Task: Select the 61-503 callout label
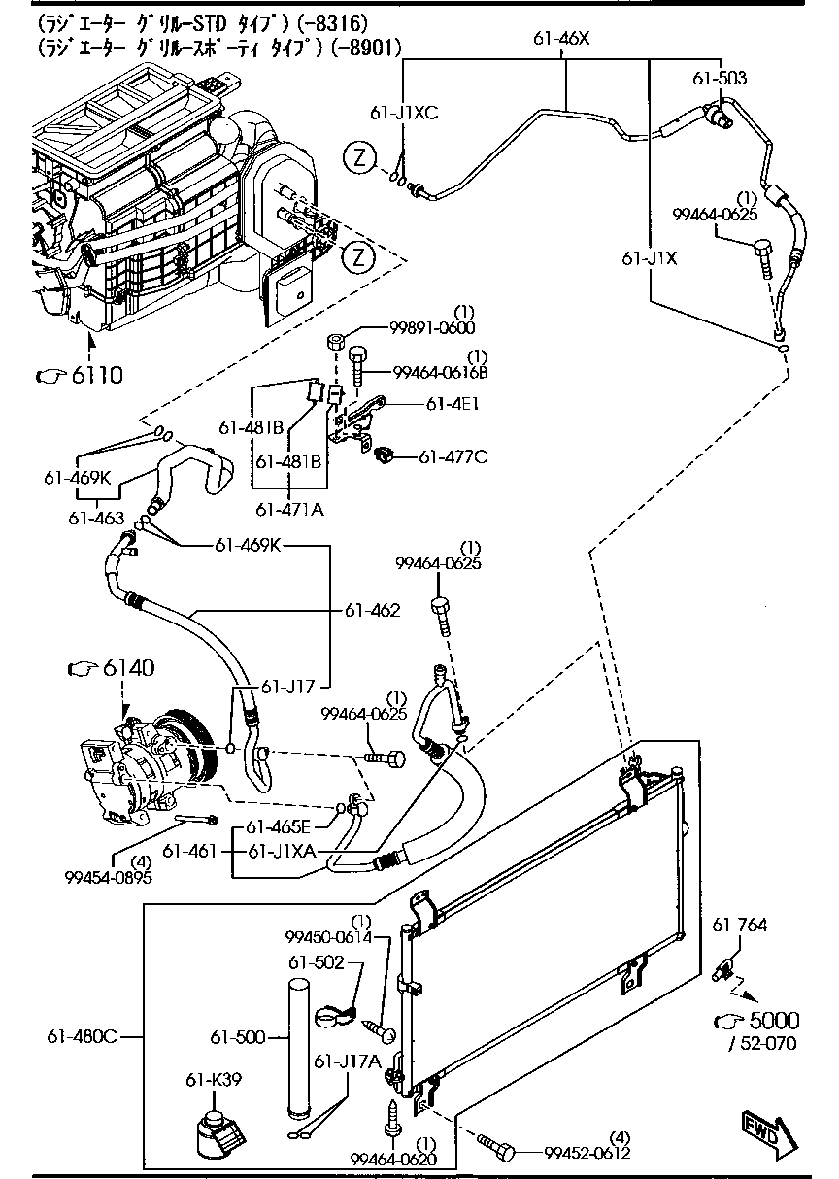pyautogui.click(x=720, y=78)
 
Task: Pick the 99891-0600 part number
pyautogui.click(x=435, y=327)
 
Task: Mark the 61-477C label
pyautogui.click(x=453, y=456)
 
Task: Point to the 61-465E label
pyautogui.click(x=277, y=827)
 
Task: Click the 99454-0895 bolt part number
pyautogui.click(x=108, y=877)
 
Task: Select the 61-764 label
pyautogui.click(x=739, y=926)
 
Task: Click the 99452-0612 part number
pyautogui.click(x=587, y=1153)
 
